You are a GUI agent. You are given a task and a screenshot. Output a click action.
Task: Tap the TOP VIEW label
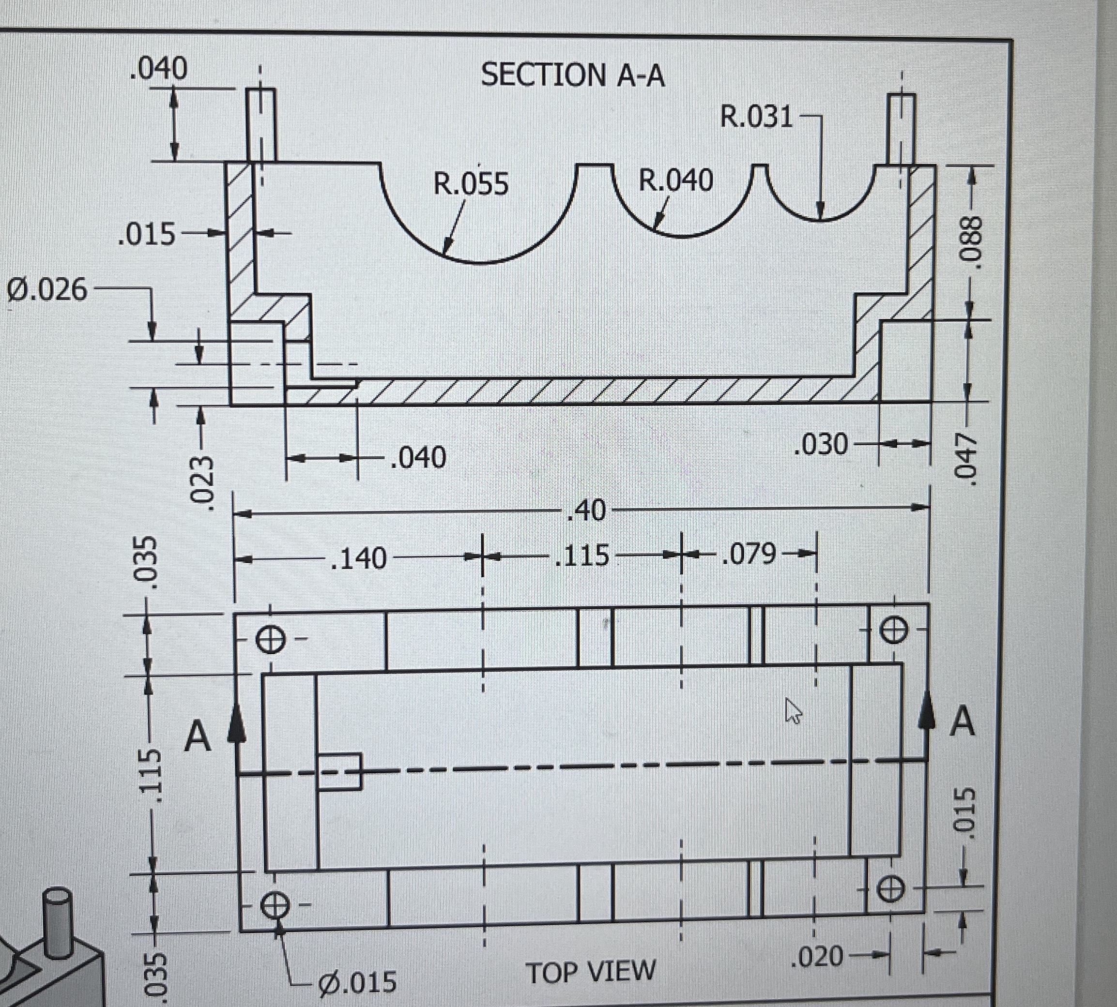point(591,972)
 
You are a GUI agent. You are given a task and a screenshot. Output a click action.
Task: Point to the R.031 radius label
point(757,117)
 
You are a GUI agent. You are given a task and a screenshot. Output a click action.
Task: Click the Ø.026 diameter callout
point(47,290)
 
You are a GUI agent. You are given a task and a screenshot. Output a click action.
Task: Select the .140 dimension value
point(358,558)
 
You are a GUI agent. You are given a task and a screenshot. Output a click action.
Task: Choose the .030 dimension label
point(820,444)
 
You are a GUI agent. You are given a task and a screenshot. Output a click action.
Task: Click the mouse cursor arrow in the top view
point(793,710)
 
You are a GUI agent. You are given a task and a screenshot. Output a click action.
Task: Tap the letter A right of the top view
point(962,721)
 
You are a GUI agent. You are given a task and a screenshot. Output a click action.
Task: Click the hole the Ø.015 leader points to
point(275,905)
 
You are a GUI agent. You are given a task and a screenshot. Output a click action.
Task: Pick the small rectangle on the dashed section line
point(339,771)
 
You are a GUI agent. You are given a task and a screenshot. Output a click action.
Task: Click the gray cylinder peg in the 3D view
point(58,922)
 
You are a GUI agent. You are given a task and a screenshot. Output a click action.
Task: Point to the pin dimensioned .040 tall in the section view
point(260,124)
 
